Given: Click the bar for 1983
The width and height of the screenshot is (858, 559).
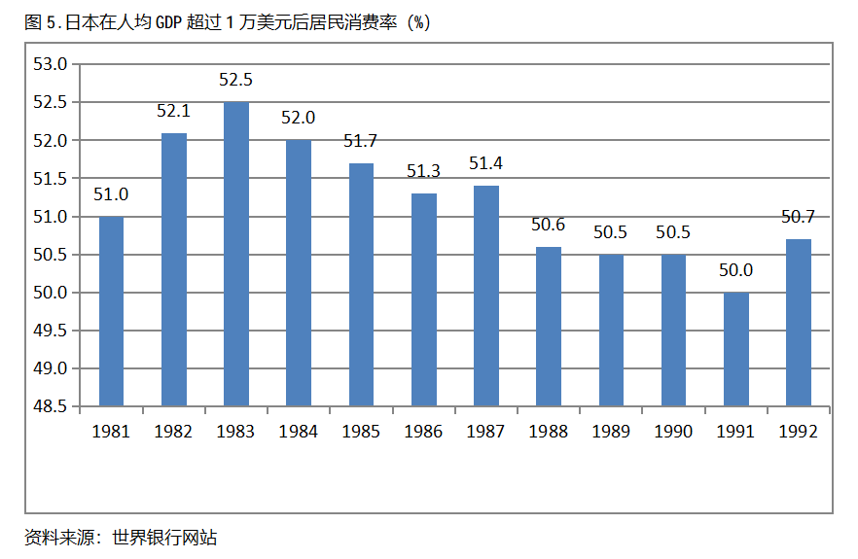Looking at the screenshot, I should pos(236,255).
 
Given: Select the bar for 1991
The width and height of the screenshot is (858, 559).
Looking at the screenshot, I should pos(736,349).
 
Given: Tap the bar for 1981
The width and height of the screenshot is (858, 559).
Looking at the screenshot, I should pos(112,311).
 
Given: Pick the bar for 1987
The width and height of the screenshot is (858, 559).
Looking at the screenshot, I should pos(486,296).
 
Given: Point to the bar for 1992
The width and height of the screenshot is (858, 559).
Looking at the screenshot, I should pos(799,323).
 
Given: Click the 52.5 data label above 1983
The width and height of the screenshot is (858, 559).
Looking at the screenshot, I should pos(236,80).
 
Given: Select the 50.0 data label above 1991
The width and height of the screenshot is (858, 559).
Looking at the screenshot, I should pos(736,270).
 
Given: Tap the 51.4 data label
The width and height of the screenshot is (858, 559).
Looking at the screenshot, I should pos(486,163).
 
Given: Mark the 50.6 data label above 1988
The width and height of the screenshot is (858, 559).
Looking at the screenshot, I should pos(549,225).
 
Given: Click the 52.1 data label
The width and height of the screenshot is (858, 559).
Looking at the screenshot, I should pos(174,111).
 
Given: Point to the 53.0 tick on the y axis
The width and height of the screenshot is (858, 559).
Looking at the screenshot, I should pos(50,64).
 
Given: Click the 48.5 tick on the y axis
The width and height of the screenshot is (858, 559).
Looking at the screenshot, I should pos(50,406).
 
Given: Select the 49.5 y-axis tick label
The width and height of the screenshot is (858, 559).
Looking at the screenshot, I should pos(50,331).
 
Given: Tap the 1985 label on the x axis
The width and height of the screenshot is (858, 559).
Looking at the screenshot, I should pos(361,432).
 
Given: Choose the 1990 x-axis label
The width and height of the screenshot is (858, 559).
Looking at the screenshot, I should pos(673,432).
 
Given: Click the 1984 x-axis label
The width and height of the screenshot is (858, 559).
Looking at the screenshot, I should pos(299,432).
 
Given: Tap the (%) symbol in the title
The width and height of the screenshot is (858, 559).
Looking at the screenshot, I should pos(419,23).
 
